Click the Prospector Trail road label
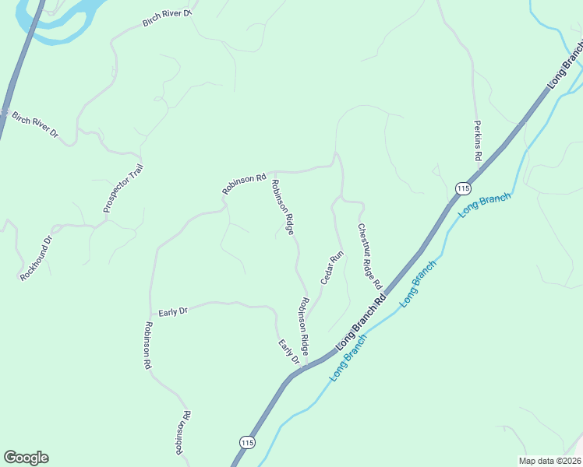[123, 188]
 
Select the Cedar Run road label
[332, 268]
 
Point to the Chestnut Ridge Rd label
[369, 257]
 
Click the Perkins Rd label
[477, 141]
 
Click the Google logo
[26, 458]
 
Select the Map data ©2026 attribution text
[549, 460]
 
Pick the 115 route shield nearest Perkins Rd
[463, 188]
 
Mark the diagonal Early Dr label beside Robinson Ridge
[288, 351]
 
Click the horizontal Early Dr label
[173, 311]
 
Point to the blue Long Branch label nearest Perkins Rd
[485, 205]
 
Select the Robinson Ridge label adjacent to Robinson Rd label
[282, 207]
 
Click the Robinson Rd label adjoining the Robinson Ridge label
[244, 184]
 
